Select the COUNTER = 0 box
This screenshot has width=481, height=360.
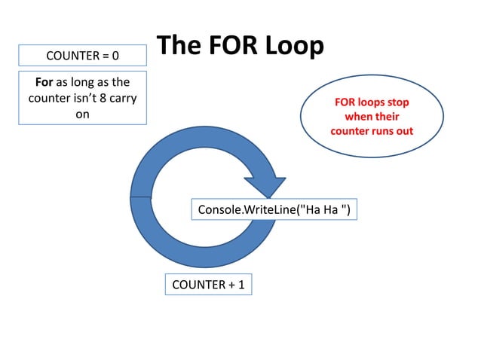[x=83, y=56]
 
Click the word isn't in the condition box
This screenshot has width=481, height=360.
[x=78, y=98]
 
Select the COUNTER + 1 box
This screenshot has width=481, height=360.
[x=208, y=285]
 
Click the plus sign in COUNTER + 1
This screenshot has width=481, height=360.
[x=231, y=285]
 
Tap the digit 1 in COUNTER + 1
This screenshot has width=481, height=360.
[x=241, y=285]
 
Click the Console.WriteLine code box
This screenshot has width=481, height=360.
[x=274, y=209]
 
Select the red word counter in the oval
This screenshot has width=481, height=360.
[x=349, y=130]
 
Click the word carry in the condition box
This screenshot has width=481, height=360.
[x=122, y=98]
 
